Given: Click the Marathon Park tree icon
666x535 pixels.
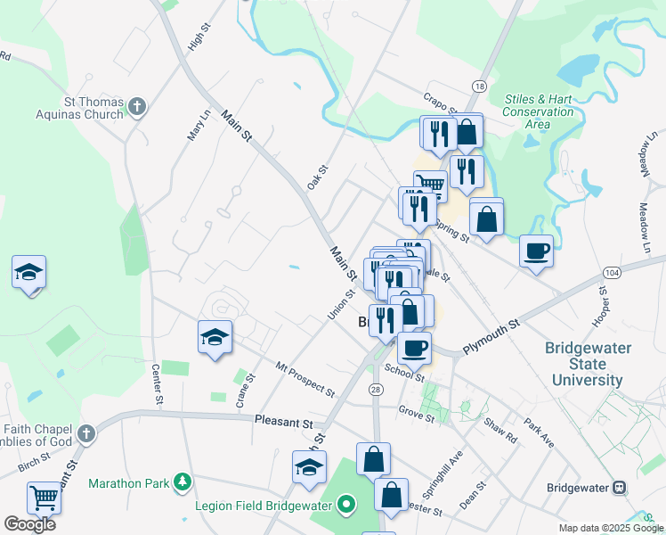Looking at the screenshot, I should (x=183, y=482).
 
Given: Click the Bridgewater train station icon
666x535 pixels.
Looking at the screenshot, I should (x=619, y=489).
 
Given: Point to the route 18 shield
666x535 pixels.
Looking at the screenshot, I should (x=480, y=86).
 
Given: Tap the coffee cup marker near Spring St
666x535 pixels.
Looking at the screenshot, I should (x=536, y=251).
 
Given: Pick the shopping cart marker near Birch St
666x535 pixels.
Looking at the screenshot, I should (x=43, y=498).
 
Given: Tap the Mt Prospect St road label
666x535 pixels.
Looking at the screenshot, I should (x=305, y=380).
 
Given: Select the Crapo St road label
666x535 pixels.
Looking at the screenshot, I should (x=440, y=103).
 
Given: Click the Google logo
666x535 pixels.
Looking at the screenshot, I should (x=29, y=524).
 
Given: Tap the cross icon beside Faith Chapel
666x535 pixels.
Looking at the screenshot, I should (x=85, y=434).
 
